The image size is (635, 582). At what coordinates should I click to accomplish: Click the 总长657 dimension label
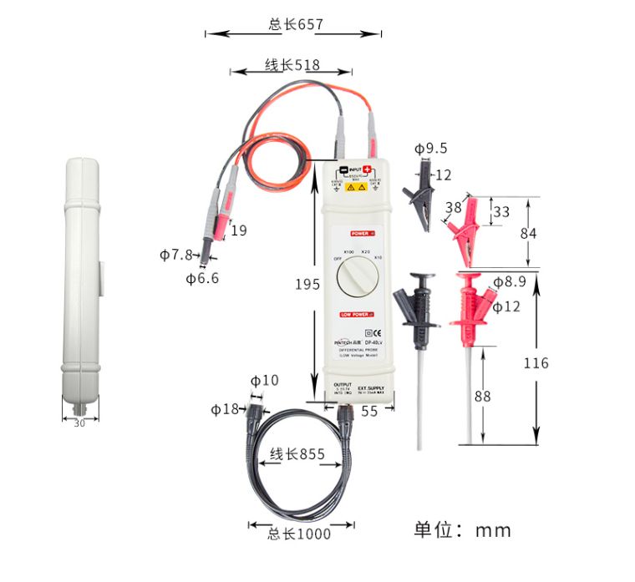pos(295,24)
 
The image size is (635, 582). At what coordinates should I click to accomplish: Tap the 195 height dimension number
pos(307,284)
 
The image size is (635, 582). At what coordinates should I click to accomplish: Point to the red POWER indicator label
pos(362,234)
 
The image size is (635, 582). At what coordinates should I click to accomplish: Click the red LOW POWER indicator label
pos(357,314)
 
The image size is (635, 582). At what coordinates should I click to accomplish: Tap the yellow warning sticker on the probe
pos(357,189)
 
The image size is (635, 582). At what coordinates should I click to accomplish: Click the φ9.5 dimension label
pos(431,149)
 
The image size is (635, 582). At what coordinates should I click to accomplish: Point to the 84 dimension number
pos(528,234)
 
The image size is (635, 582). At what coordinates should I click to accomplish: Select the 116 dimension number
pos(536,362)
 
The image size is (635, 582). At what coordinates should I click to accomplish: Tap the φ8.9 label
pos(509,282)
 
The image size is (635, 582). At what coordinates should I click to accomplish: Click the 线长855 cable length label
pos(297,455)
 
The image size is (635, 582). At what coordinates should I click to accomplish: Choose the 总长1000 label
pos(299,534)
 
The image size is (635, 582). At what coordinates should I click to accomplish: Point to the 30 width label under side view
pos(79,423)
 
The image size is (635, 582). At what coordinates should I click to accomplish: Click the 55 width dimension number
pos(369,411)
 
